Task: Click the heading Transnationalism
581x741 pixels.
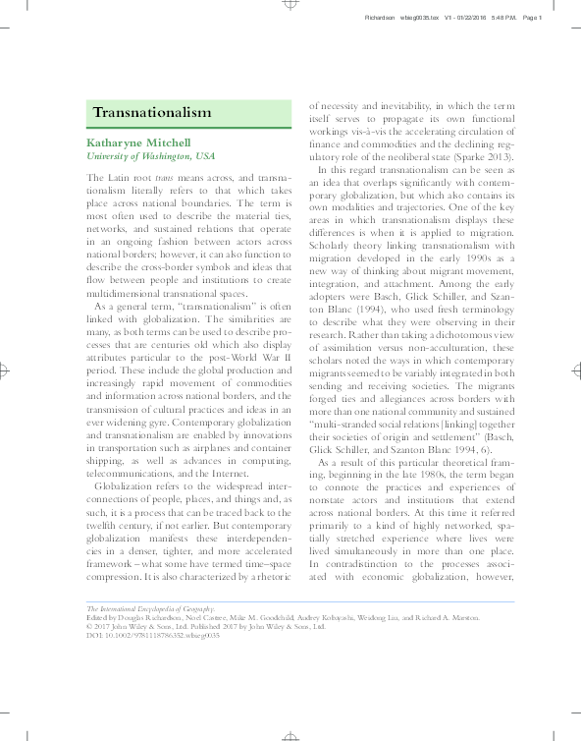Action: point(152,113)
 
